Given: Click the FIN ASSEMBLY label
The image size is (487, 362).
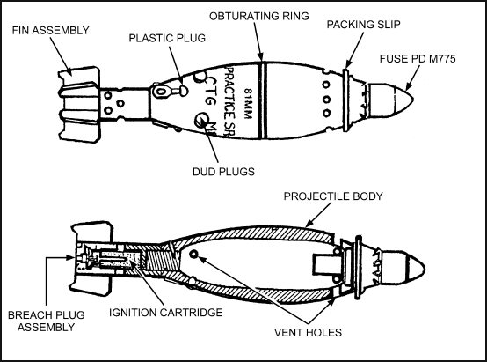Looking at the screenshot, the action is [x=51, y=31].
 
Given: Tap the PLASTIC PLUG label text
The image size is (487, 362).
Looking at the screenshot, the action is [x=167, y=38].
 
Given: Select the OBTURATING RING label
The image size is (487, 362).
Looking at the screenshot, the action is [x=259, y=16].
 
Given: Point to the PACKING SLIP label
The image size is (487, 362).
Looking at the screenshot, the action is [x=363, y=25].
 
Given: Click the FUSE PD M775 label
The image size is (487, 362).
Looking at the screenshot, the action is [x=418, y=59].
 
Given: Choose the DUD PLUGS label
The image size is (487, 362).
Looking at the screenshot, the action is [x=223, y=172].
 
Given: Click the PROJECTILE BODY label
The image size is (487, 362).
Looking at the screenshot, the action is [x=333, y=196].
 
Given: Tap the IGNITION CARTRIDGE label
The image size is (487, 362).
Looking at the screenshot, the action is [x=166, y=313].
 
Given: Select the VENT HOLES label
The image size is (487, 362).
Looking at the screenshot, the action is [x=308, y=332].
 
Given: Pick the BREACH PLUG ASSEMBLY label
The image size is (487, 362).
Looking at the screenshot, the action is [x=47, y=321].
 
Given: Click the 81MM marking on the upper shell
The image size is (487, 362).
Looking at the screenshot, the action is [x=248, y=104].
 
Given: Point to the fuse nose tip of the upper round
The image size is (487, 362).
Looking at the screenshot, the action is [x=413, y=100].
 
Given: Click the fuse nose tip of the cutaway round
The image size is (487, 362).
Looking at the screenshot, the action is [x=425, y=269].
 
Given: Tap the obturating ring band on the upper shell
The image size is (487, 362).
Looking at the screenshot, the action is [x=263, y=100].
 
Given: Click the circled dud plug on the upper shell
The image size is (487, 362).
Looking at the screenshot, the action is [x=203, y=120].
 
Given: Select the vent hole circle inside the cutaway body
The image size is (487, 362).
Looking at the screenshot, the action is [x=193, y=255].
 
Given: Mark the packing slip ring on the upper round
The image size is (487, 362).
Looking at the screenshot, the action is [x=346, y=100].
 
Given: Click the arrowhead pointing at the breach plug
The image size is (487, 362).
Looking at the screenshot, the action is [x=71, y=257].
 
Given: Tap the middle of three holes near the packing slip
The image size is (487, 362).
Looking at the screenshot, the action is [x=326, y=100].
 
